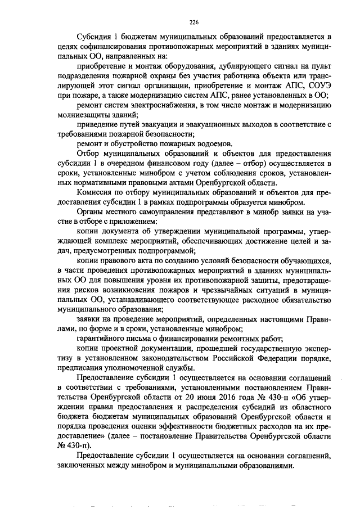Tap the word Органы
90,212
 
